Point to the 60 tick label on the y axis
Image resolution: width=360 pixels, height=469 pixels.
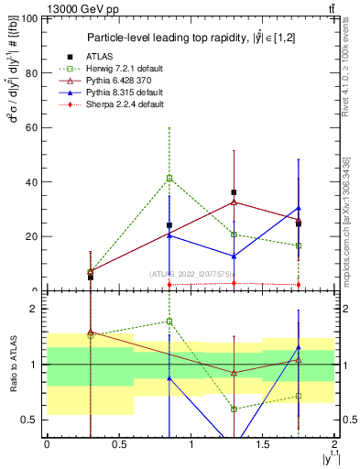coord(29,127)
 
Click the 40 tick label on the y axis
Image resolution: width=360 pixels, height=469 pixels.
coord(29,181)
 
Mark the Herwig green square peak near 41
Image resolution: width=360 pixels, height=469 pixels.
coord(169,178)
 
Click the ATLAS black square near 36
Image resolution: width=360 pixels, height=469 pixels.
coord(235,192)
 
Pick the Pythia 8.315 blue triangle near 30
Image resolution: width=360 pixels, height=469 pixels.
coord(299,208)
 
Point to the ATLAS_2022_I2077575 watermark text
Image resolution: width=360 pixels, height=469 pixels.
coord(191,273)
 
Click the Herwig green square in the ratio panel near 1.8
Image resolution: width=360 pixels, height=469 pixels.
coord(169,321)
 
